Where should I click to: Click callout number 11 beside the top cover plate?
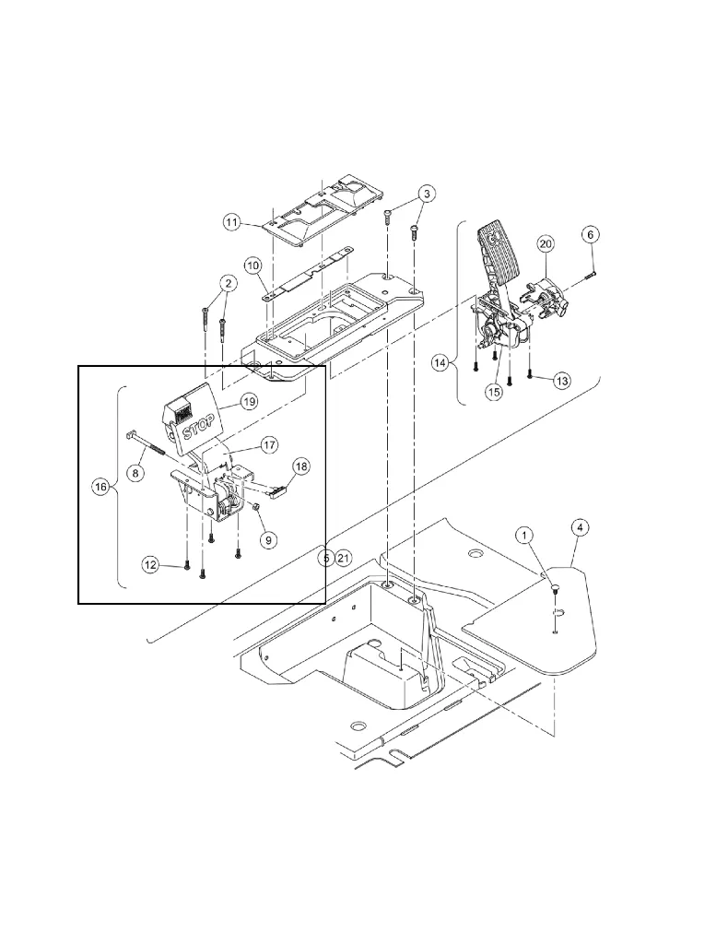tap(231, 222)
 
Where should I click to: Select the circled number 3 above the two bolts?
tap(426, 195)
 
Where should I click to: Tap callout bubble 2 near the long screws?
tap(226, 283)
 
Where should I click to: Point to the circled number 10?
tap(253, 265)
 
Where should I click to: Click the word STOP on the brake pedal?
tap(198, 428)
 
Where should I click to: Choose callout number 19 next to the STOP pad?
tap(248, 401)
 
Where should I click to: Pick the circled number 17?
tap(267, 444)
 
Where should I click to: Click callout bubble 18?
tap(301, 466)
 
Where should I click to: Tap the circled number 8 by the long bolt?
tap(136, 472)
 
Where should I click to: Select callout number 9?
tap(268, 539)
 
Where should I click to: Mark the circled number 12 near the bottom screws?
tap(149, 563)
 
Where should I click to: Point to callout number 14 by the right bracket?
tap(440, 363)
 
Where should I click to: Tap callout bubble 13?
tap(562, 381)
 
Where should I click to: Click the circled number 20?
tap(546, 244)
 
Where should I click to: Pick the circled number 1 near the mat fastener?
tap(523, 536)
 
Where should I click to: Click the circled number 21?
tap(344, 558)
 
